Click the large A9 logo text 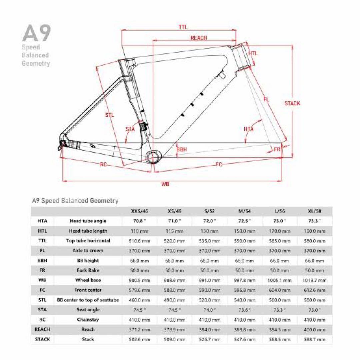point(36,32)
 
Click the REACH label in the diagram point(199,38)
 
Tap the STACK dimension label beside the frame point(292,103)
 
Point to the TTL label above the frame point(183,27)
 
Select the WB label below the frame point(165,184)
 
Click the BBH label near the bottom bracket point(181,150)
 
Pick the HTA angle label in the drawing point(249,129)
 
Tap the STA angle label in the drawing point(130,129)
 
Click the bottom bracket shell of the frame point(153,156)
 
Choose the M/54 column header point(245,211)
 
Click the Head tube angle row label point(88,221)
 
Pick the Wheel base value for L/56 point(279,280)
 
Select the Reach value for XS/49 point(174,329)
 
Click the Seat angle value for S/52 point(210,310)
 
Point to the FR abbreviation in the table point(42,270)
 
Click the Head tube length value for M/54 point(245,231)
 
